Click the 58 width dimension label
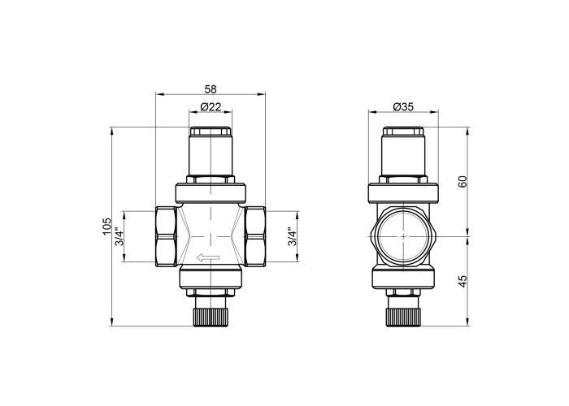(211, 89)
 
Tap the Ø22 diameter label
(211, 107)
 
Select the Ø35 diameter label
(403, 107)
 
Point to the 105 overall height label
(106, 227)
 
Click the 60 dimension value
(463, 181)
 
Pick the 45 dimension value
(463, 282)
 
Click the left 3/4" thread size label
(119, 236)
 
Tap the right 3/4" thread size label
(292, 236)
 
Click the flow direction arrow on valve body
(208, 257)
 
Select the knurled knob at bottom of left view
(211, 317)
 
